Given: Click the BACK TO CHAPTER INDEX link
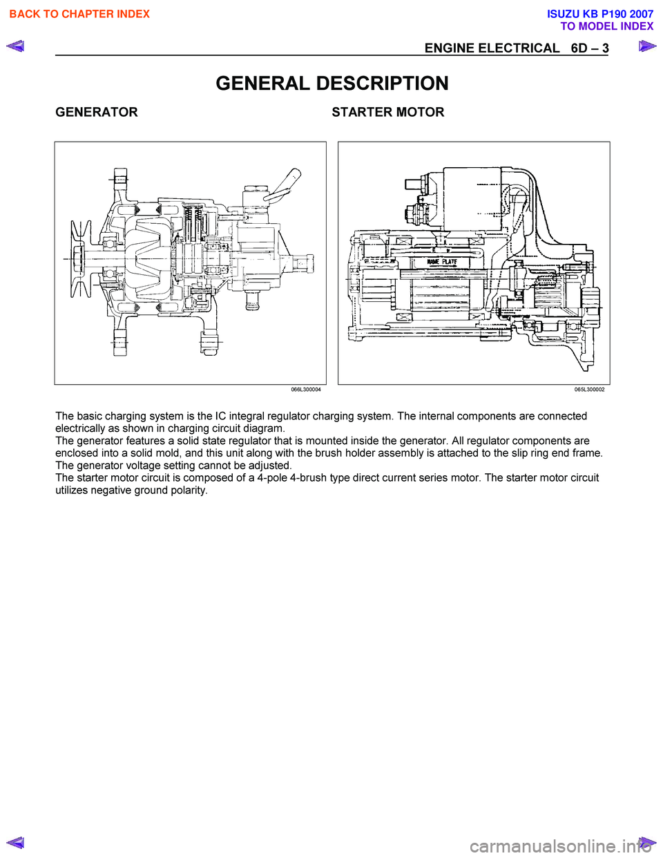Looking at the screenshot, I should pos(79,14).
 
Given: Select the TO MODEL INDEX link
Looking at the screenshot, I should pos(606,26).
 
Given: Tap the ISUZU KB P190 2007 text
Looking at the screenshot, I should pos(599,14).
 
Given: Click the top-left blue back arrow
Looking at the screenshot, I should pos(15,47).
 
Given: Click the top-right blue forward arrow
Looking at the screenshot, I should pos(647,47).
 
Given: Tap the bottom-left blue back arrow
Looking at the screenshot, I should pos(15,842).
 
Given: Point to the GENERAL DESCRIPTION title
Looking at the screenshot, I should pos(332,84).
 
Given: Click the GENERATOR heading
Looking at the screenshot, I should pos(97,112).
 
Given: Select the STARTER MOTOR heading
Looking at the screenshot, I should pos(387,112).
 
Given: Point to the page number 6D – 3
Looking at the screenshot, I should pos(590,48).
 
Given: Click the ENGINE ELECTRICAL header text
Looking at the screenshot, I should pos(492,48).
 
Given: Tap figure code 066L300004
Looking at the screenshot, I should pos(306,390).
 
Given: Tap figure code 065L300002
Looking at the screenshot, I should pos(589,390).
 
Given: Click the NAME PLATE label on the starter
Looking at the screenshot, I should pos(442,262).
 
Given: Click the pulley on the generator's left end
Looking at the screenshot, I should pos(80,259).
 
